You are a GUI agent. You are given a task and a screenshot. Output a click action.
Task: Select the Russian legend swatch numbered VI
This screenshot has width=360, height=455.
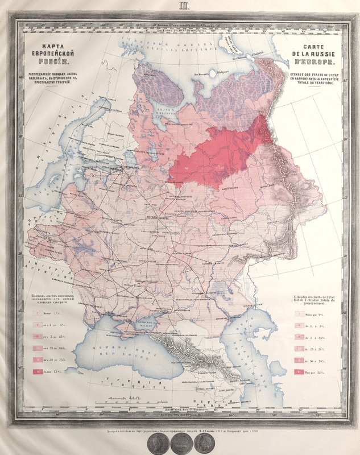[x=38, y=372]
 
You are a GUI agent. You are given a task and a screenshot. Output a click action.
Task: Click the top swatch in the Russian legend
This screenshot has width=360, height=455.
[x=38, y=312]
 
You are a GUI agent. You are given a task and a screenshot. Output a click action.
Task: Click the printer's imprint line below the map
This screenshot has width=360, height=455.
[x=180, y=431]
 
